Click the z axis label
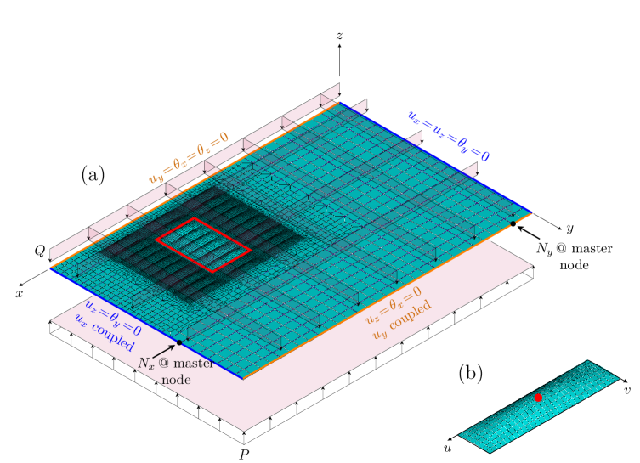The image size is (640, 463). pyautogui.click(x=340, y=36)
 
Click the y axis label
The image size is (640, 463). pyautogui.click(x=570, y=229)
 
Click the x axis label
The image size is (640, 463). pyautogui.click(x=20, y=294)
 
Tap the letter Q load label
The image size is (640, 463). pyautogui.click(x=40, y=251)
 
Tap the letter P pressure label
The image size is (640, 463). pyautogui.click(x=244, y=454)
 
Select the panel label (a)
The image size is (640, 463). pyautogui.click(x=93, y=175)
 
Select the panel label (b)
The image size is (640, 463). pyautogui.click(x=470, y=373)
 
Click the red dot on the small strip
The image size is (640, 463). pyautogui.click(x=538, y=398)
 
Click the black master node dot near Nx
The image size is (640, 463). pyautogui.click(x=178, y=342)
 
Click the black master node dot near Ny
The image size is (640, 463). pyautogui.click(x=513, y=223)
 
